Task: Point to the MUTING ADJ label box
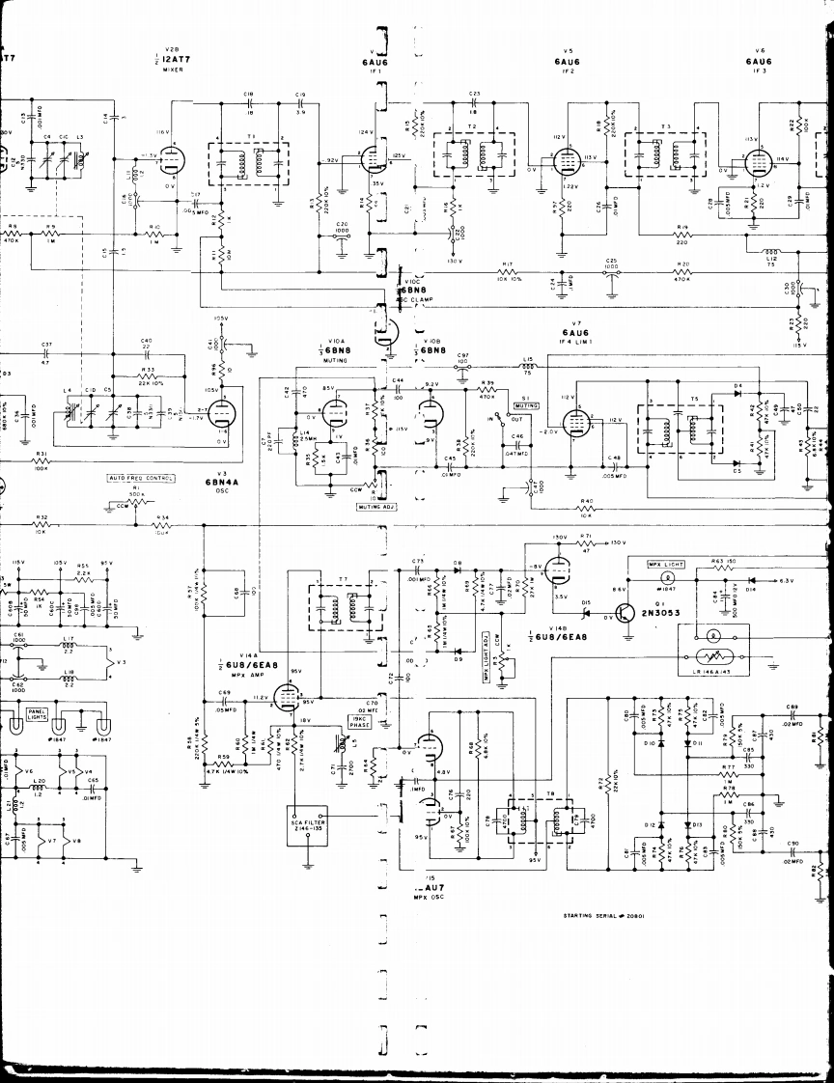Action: click(x=375, y=505)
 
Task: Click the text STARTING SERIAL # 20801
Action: click(x=606, y=916)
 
